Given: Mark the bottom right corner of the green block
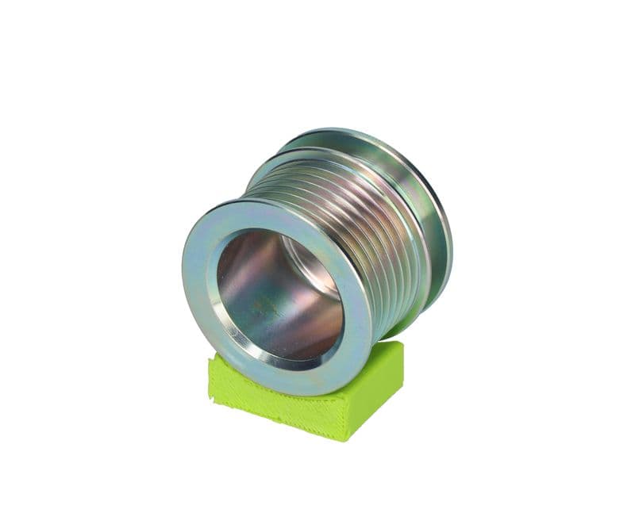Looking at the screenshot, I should [347, 438].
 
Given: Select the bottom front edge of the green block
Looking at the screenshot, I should [278, 424].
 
